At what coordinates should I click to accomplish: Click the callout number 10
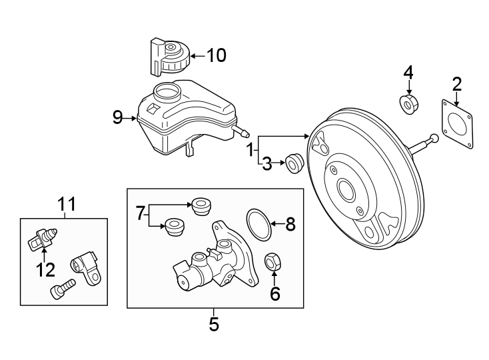[216, 55]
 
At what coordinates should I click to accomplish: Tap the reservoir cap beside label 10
[169, 57]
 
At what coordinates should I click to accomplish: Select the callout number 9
[118, 118]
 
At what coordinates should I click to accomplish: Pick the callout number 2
[456, 84]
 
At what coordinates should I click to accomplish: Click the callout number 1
[250, 150]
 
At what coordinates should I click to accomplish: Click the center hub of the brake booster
[346, 190]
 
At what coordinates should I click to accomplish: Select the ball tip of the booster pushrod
[434, 139]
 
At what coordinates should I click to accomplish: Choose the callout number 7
[141, 214]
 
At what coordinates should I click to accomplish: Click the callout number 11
[67, 203]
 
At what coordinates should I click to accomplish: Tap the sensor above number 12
[41, 237]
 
